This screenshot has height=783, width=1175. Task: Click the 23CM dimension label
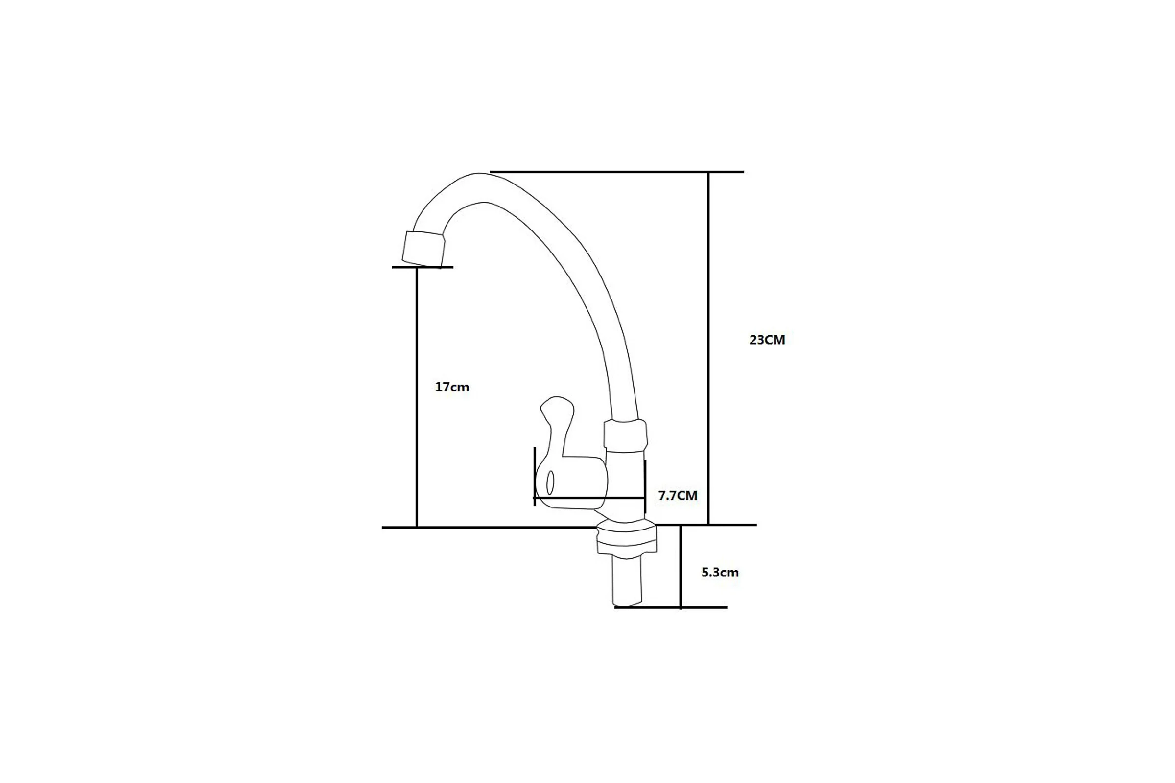coord(767,340)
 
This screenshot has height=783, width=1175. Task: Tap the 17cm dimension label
coord(452,387)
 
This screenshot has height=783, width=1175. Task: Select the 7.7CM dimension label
coord(678,495)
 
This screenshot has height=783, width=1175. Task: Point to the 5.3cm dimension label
coord(720,572)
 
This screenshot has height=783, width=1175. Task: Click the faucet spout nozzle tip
coord(423,249)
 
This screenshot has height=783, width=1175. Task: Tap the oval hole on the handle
coord(550,483)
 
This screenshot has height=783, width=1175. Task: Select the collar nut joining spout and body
coord(626,436)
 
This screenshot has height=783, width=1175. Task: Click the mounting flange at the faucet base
coord(627,538)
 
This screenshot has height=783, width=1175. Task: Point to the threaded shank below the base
coord(627,581)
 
